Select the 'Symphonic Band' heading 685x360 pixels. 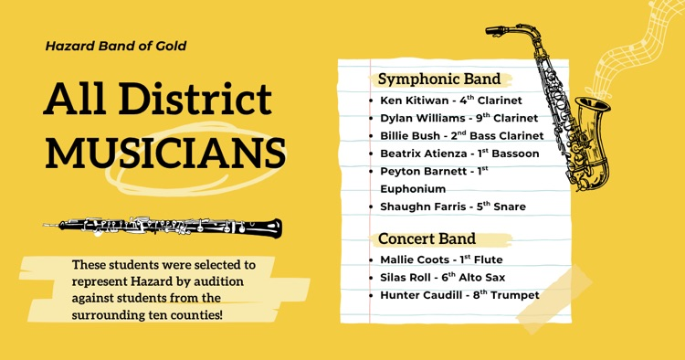439,79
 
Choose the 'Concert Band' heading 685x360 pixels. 428,239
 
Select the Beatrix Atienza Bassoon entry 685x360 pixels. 458,154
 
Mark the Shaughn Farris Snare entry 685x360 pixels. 452,206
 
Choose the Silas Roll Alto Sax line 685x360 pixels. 441,277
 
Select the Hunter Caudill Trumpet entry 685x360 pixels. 458,295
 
